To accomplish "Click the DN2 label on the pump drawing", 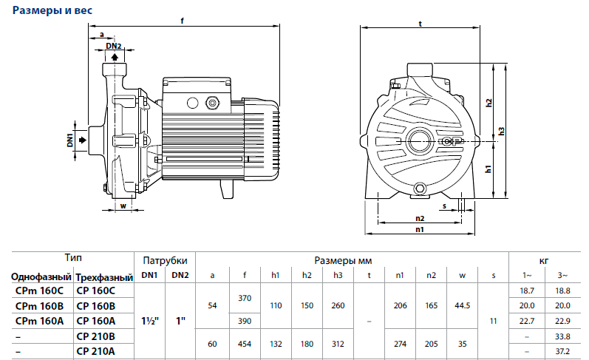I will point(113,46).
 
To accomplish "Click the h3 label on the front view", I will point(501,131).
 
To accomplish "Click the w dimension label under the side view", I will point(123,206).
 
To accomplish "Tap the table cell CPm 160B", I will point(39,305).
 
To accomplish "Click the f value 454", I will point(245,343).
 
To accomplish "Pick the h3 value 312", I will point(338,343).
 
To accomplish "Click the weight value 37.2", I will point(562,350).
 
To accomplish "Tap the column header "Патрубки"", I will point(165,260).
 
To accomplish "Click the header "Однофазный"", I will point(40,276).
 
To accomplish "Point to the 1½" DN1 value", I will point(149,321).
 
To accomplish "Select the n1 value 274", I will point(400,343).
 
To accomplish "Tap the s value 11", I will point(494,321).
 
